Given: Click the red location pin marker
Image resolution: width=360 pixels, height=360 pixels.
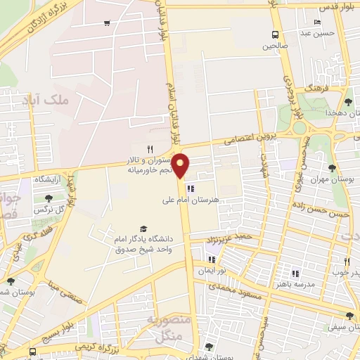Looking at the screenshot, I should tap(181, 166).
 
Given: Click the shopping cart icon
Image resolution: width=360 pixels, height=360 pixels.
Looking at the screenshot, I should tap(106, 23).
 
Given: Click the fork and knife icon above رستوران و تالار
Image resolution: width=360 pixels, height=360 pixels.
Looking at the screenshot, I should tap(150, 148).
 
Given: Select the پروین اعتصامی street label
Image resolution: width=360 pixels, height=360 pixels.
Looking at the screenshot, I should tap(251, 139).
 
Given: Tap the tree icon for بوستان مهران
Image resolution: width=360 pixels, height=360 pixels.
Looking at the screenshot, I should tap(332, 167).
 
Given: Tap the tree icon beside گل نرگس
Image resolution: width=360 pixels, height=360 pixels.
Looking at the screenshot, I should tap(49, 199).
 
